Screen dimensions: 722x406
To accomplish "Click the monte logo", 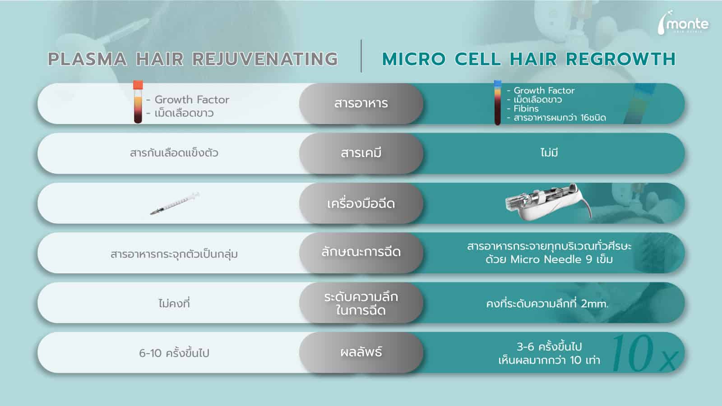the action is pyautogui.click(x=683, y=23).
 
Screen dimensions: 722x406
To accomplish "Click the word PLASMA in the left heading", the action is pyautogui.click(x=88, y=59).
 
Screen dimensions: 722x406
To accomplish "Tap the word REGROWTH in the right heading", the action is pyautogui.click(x=620, y=59).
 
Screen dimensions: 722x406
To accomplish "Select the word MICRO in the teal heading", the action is pyautogui.click(x=414, y=59).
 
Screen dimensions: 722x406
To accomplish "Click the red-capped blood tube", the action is pyautogui.click(x=138, y=101).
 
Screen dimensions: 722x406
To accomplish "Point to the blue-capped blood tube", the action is pyautogui.click(x=498, y=102).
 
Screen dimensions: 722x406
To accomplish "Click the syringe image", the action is pyautogui.click(x=175, y=203).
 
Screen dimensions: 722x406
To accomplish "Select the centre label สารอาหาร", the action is pyautogui.click(x=361, y=103).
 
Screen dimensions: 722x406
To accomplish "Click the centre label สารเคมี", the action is pyautogui.click(x=361, y=153).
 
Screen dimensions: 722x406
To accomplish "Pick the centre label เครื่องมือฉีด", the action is pyautogui.click(x=361, y=203).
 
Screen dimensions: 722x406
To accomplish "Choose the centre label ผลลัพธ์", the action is pyautogui.click(x=361, y=351).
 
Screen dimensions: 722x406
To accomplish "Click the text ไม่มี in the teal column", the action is pyautogui.click(x=549, y=152).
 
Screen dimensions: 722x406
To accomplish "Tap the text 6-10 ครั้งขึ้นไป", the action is pyautogui.click(x=174, y=353).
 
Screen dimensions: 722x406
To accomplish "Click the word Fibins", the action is pyautogui.click(x=526, y=109).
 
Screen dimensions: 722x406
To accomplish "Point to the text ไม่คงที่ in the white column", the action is pyautogui.click(x=174, y=303).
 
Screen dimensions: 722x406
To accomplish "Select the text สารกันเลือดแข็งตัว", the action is pyautogui.click(x=174, y=152).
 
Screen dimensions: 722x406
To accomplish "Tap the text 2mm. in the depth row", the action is pyautogui.click(x=595, y=304).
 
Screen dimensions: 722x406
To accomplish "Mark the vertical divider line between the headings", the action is pyautogui.click(x=361, y=56).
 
